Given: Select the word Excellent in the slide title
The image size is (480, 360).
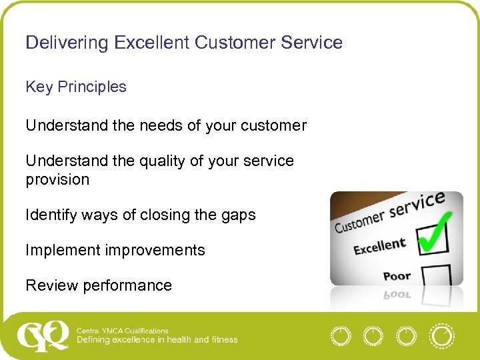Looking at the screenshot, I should coord(151,43).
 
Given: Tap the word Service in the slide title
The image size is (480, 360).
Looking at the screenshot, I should coord(311,43).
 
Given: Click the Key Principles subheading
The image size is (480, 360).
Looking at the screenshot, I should coord(75,87).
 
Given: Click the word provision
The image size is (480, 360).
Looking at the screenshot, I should coord(57,179).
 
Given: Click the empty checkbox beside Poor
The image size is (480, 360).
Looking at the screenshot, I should coord(436,275).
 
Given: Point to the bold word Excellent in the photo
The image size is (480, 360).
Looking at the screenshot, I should coord(379,247).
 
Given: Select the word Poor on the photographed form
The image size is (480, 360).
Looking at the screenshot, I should coord(397,275).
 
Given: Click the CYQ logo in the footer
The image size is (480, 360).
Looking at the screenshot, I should coord(43,335).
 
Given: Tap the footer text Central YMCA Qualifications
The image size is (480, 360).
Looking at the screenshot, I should coord(123,331).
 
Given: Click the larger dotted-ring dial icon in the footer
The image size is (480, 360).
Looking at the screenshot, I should coord(441,336).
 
